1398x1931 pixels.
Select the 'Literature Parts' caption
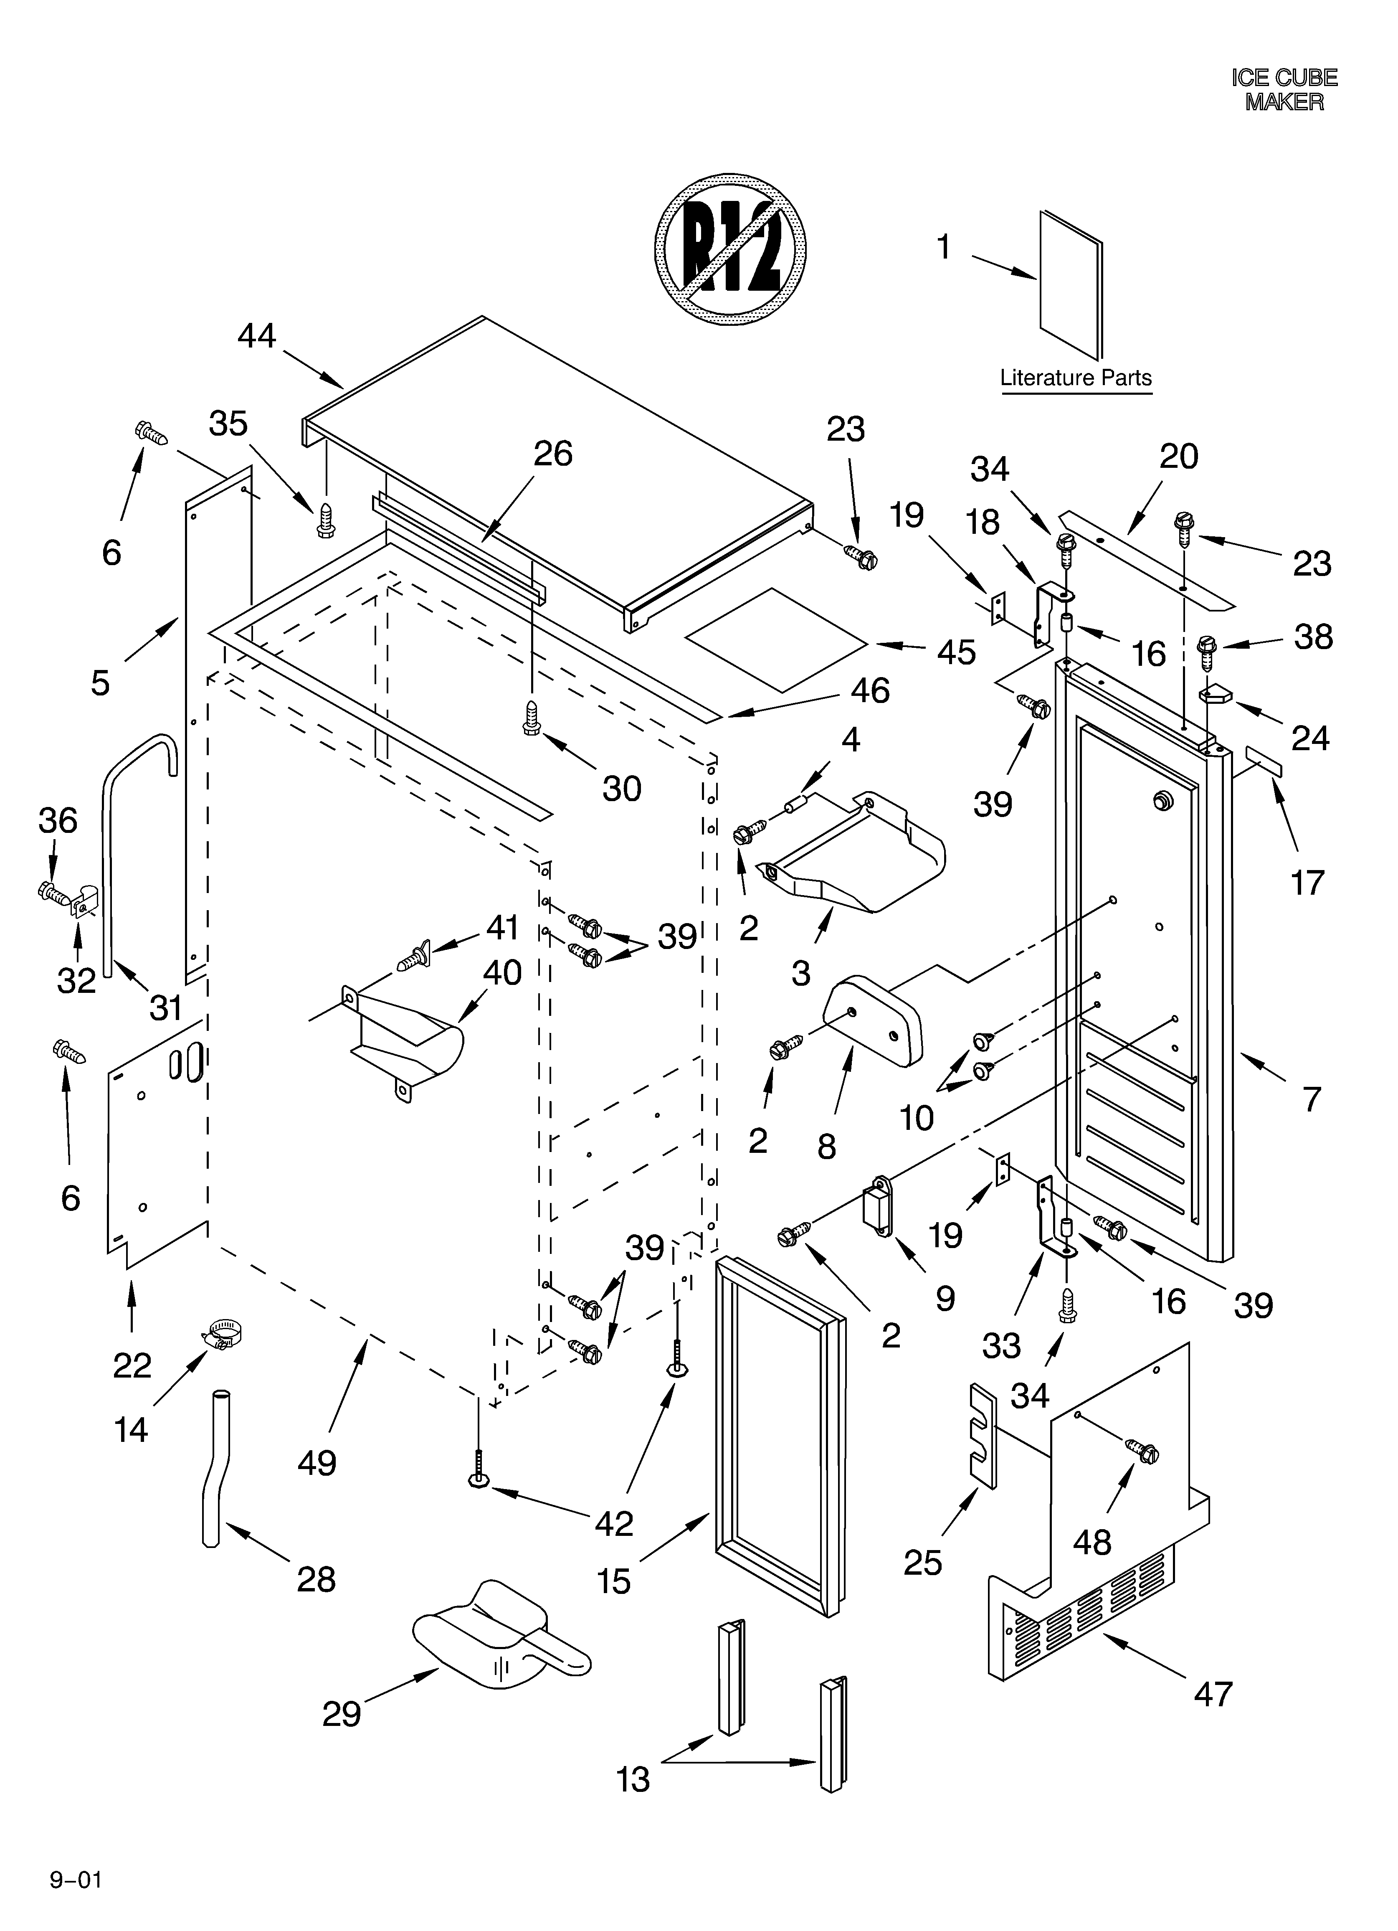[x=1075, y=378]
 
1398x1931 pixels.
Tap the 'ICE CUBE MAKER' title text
[x=1284, y=89]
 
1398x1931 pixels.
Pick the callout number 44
[x=256, y=336]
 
